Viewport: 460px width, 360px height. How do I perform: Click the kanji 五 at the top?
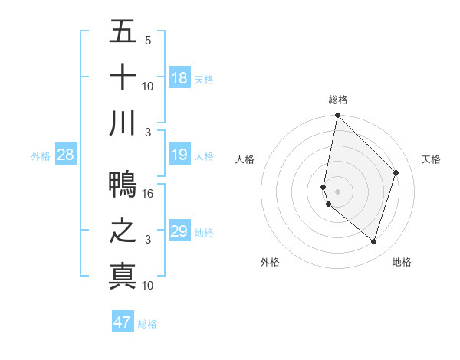tap(123, 32)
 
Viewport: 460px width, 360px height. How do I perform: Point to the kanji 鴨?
tap(123, 185)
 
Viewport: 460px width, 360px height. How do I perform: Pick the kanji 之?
tap(123, 231)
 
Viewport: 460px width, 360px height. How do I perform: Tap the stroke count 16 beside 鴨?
tap(149, 194)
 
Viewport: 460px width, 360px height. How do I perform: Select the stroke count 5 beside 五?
tap(148, 41)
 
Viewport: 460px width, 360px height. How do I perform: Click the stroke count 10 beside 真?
tap(149, 286)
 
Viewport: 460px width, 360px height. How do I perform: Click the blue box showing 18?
tap(179, 78)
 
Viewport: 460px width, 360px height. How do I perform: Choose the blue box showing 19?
tap(179, 155)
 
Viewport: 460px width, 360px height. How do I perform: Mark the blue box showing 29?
tap(179, 231)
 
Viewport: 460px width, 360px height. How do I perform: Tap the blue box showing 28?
tap(65, 155)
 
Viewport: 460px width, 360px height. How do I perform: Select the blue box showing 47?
tap(123, 322)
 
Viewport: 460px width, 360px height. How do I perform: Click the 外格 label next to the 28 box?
tap(41, 156)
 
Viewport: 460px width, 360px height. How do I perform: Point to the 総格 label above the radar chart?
tap(338, 100)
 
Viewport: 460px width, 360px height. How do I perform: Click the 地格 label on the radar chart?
tap(402, 262)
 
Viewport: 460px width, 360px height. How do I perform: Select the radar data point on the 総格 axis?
tap(337, 116)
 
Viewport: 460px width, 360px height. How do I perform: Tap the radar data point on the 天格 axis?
tap(396, 172)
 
